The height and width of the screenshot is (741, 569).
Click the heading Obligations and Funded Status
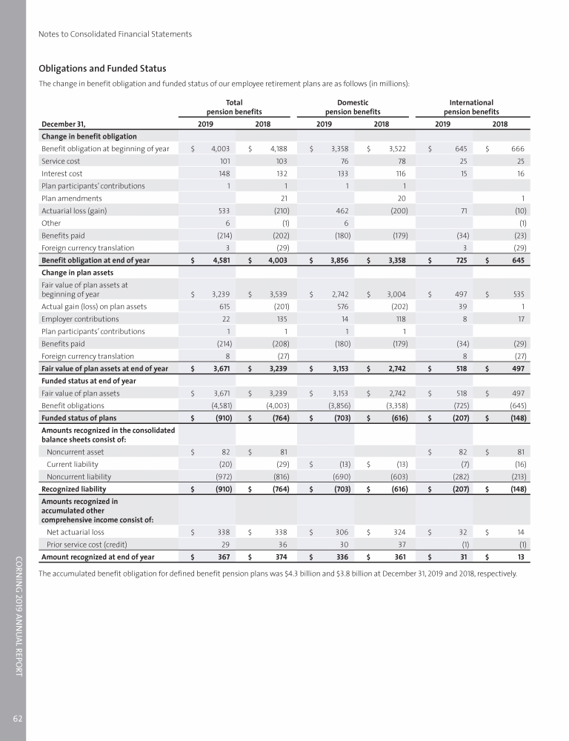[x=107, y=69]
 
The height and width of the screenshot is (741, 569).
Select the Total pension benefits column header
[x=234, y=107]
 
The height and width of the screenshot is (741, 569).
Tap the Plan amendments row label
[x=72, y=198]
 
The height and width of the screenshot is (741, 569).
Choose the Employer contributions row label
[x=80, y=319]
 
